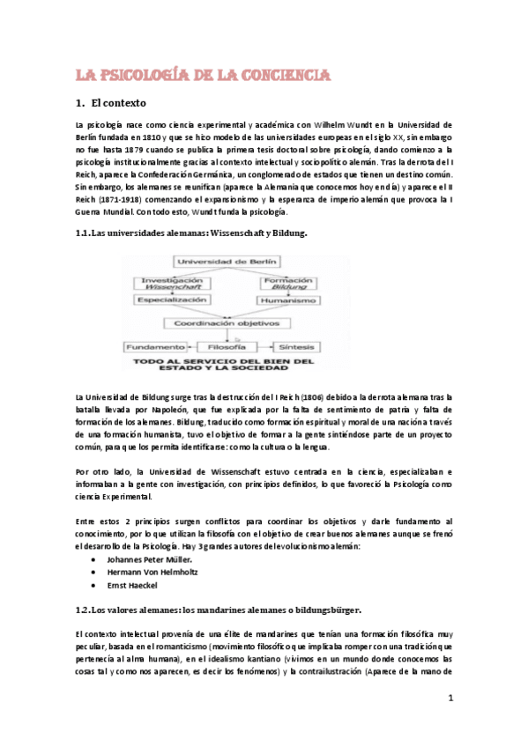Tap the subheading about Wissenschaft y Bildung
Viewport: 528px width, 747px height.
point(190,233)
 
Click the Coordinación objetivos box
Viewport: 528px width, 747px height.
point(231,322)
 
